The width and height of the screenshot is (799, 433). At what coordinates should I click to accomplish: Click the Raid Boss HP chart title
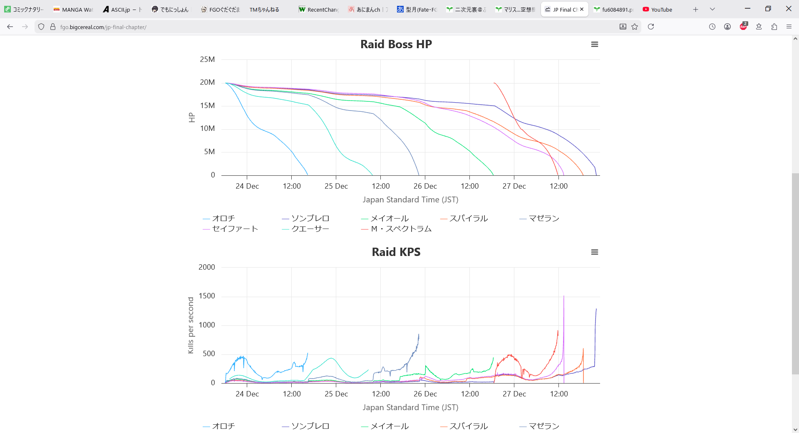point(396,44)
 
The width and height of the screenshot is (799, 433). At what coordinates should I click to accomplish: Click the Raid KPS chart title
point(396,252)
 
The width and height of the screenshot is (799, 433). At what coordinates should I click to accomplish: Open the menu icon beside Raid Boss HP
point(594,44)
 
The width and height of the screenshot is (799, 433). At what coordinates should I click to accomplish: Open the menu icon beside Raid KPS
point(594,252)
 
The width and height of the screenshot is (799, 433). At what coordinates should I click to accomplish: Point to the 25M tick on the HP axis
point(207,59)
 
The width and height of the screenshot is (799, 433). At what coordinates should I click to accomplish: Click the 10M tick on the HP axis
point(207,128)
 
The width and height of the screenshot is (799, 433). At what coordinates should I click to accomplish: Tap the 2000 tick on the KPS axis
point(206,267)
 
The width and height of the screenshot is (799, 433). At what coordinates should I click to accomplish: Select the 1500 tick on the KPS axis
point(206,296)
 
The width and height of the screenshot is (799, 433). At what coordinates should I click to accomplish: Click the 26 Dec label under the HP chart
point(425,186)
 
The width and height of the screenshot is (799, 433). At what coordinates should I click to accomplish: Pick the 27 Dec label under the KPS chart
point(514,394)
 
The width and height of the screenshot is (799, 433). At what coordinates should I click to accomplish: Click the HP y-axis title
point(191,118)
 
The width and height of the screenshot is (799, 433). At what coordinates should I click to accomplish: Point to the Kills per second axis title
point(191,325)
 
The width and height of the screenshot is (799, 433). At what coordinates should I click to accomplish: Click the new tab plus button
point(695,9)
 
